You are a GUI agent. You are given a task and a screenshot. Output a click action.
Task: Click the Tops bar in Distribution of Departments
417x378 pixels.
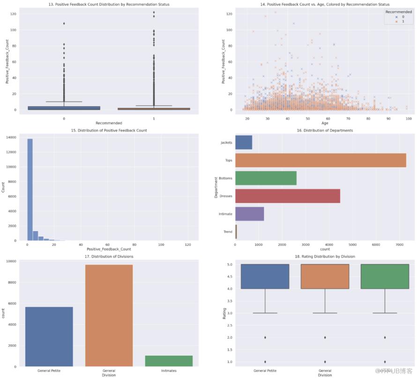(x=320, y=160)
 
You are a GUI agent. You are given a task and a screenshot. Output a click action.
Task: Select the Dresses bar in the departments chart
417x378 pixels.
(x=288, y=196)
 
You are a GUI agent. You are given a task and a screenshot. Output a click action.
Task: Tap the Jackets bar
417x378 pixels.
(x=244, y=143)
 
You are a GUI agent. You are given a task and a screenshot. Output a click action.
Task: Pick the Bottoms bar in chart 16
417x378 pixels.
(x=266, y=178)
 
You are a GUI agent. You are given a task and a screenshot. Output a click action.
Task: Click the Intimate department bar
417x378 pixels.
(x=249, y=214)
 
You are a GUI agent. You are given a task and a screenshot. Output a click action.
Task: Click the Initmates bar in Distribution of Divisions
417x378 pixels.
(x=169, y=361)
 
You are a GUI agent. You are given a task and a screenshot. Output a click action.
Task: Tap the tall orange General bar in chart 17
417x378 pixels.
(x=109, y=315)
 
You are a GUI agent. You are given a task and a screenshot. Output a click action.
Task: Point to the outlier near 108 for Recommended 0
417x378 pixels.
(x=64, y=23)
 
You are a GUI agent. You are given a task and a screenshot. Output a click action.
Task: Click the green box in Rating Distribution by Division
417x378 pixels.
(x=385, y=276)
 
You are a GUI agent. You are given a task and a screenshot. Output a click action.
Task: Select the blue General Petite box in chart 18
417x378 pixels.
(x=265, y=276)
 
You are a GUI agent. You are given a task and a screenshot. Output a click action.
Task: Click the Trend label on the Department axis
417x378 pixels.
(x=228, y=232)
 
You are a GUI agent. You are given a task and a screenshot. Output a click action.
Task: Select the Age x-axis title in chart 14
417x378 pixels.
(x=325, y=124)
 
